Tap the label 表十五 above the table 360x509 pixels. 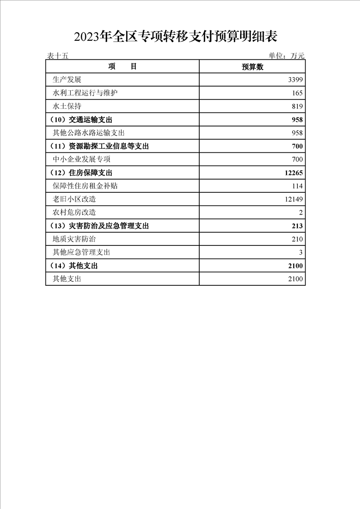point(57,56)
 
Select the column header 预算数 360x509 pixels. point(252,67)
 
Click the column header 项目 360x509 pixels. point(123,67)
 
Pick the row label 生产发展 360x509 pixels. point(67,80)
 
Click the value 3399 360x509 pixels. point(296,80)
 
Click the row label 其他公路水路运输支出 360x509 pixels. point(89,133)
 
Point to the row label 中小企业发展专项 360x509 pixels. point(82,159)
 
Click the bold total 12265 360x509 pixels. point(294,173)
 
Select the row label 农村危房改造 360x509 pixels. point(74,212)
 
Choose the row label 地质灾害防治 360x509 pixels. point(74,239)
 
